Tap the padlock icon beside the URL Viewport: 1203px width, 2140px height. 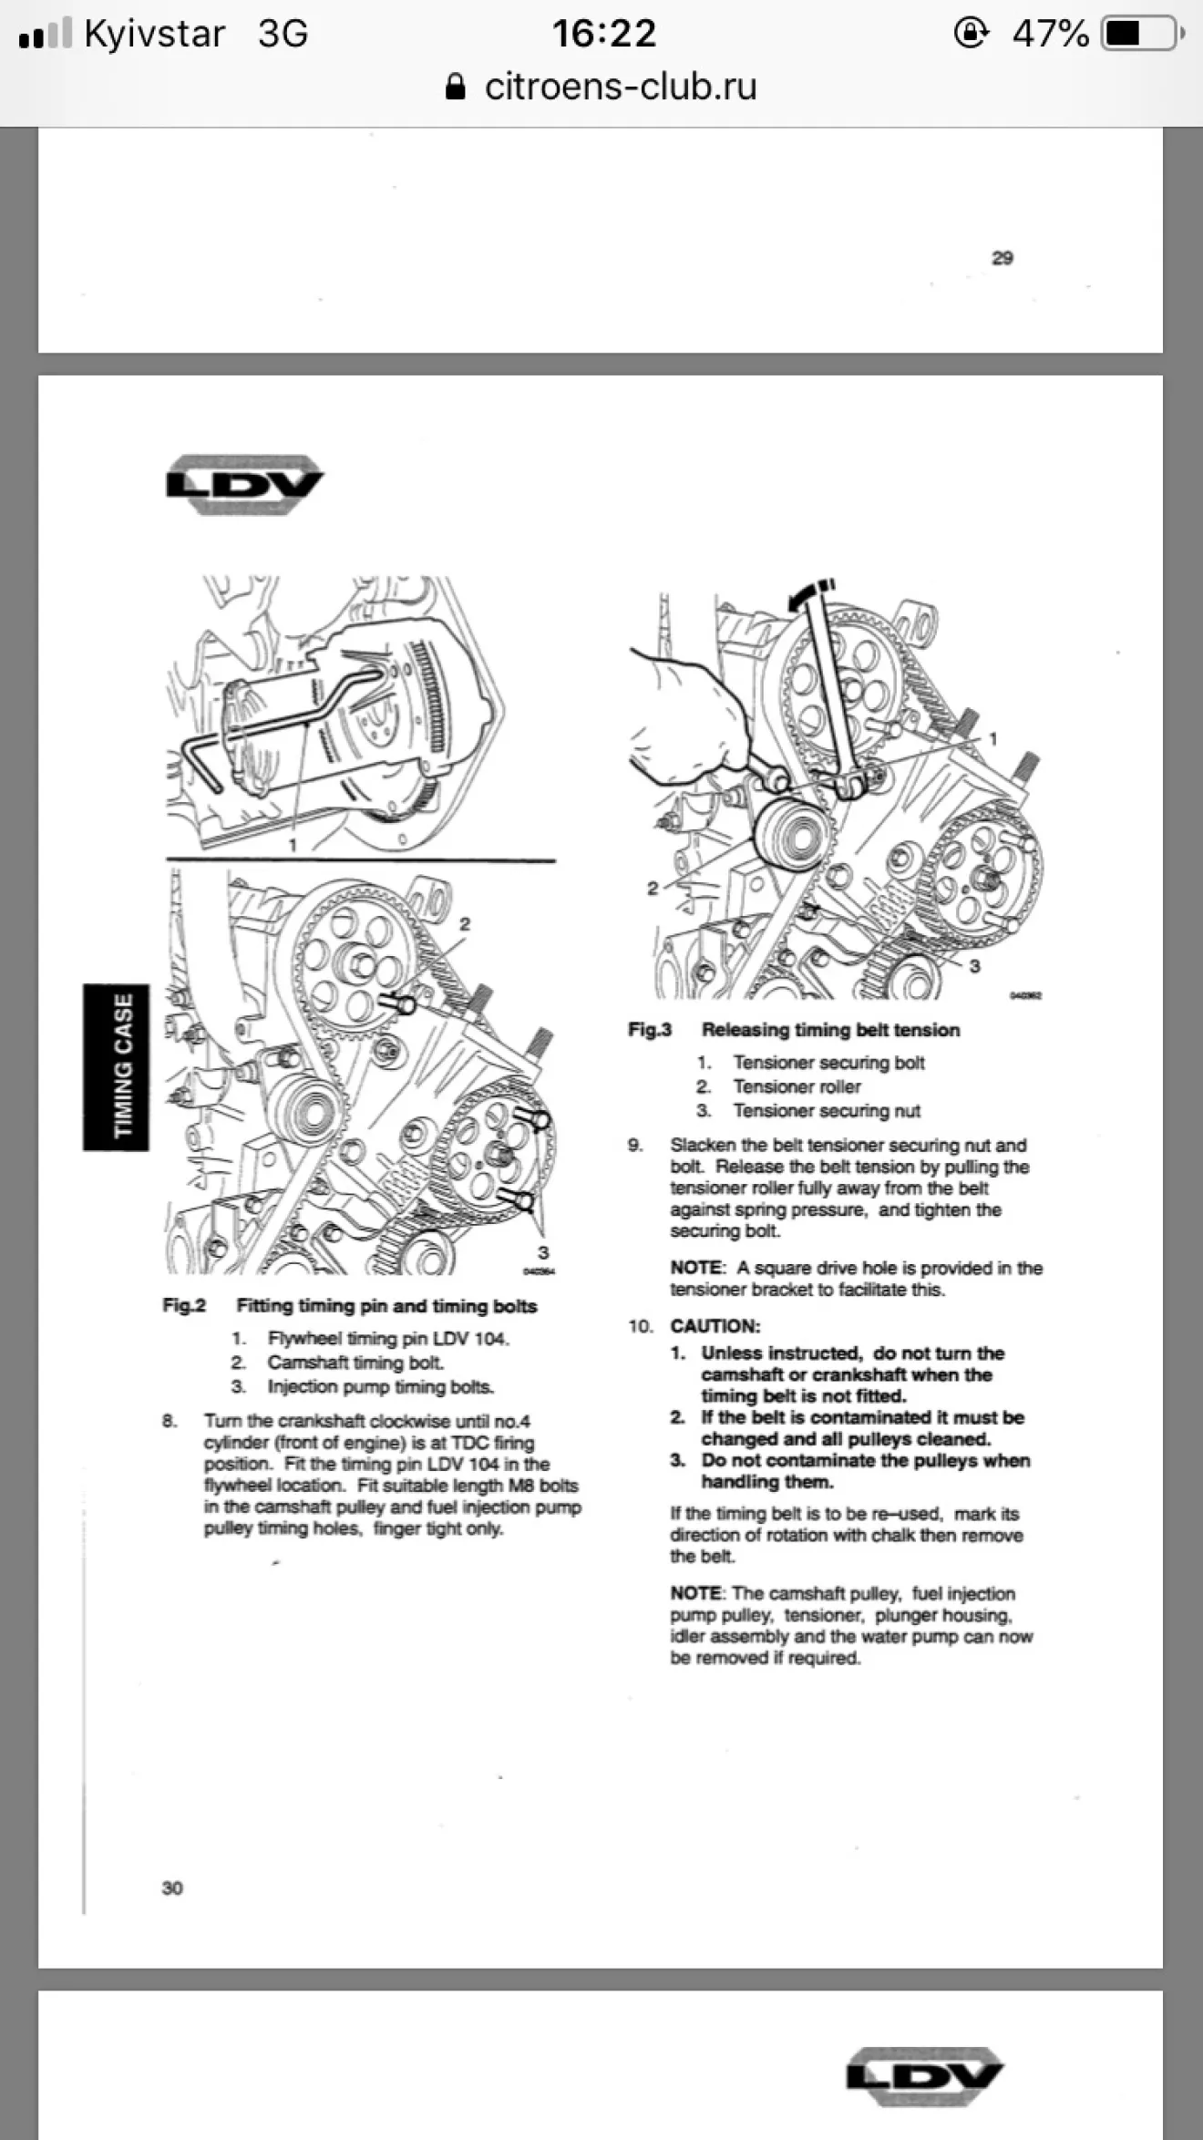tap(456, 87)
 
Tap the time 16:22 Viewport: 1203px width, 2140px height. tap(604, 35)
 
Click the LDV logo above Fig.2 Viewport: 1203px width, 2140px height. tap(244, 484)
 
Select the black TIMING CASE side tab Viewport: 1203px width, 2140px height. tap(116, 1066)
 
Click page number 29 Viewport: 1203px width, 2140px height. tap(1002, 258)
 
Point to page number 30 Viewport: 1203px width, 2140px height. tap(172, 1888)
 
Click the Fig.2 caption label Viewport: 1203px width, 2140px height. tap(184, 1305)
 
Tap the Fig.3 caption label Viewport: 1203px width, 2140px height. tap(650, 1030)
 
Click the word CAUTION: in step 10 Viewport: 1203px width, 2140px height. tap(715, 1326)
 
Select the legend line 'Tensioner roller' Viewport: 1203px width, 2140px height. tap(797, 1086)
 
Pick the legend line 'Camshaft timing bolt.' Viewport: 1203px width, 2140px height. tap(355, 1363)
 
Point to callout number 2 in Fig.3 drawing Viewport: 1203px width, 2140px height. tap(653, 888)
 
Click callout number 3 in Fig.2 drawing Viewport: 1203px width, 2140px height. tap(543, 1252)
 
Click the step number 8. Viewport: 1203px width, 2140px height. tap(170, 1421)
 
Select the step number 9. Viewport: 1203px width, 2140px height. tap(635, 1146)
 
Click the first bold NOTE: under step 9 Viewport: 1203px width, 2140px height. tap(697, 1268)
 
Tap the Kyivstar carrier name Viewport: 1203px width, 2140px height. tap(155, 35)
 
